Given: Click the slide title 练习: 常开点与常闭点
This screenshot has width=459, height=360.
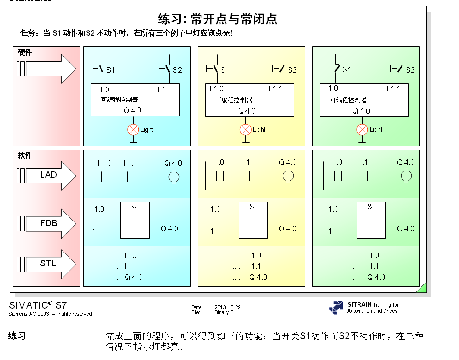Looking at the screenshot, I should coord(218,19).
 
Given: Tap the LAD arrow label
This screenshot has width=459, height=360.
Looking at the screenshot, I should coord(48,175).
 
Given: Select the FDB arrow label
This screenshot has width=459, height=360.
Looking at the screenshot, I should coord(48,223).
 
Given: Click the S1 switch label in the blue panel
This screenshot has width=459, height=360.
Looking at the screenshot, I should coord(110,70).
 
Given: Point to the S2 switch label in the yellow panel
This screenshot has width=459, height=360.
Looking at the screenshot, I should coord(291,70).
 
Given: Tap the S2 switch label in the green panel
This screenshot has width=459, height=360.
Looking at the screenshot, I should coord(409,70).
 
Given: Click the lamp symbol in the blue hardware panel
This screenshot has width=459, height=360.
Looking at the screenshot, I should coord(133,130).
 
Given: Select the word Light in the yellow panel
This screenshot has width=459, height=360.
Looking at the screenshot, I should coord(259,130).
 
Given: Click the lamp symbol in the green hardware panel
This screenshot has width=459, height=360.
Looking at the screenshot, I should coord(362,130).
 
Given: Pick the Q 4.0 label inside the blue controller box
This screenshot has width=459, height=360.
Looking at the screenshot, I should coord(132,111).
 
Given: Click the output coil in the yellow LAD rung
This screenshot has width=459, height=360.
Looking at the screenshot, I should coord(288,176).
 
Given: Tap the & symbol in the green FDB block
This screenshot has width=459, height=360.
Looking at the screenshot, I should coord(370,207).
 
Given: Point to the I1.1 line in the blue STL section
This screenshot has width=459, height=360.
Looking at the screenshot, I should coord(131,266).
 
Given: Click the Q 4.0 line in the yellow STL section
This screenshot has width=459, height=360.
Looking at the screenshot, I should coord(258,277).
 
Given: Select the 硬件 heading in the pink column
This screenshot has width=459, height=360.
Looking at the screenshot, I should coord(25,53).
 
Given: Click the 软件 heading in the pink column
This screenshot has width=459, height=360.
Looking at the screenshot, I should coord(25,156).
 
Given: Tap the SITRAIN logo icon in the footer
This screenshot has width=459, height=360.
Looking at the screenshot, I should coord(337,307).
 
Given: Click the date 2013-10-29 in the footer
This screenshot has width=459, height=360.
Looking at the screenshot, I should coord(227,307).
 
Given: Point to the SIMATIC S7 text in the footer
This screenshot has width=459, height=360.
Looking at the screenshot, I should coord(38,305).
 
